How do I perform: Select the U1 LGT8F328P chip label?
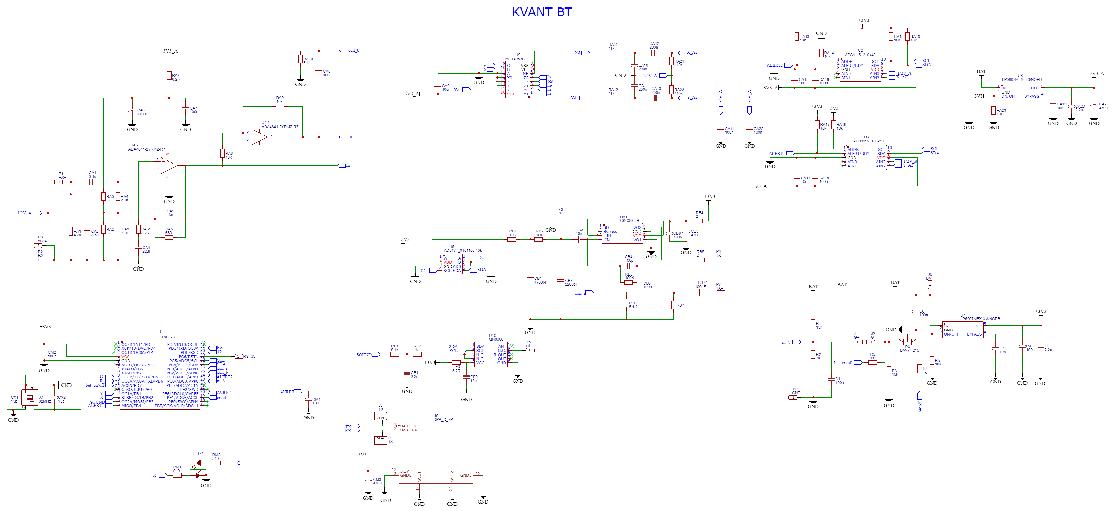click(x=166, y=334)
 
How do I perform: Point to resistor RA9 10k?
click(x=280, y=106)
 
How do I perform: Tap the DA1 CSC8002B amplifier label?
click(x=629, y=219)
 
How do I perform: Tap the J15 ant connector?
click(x=530, y=350)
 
